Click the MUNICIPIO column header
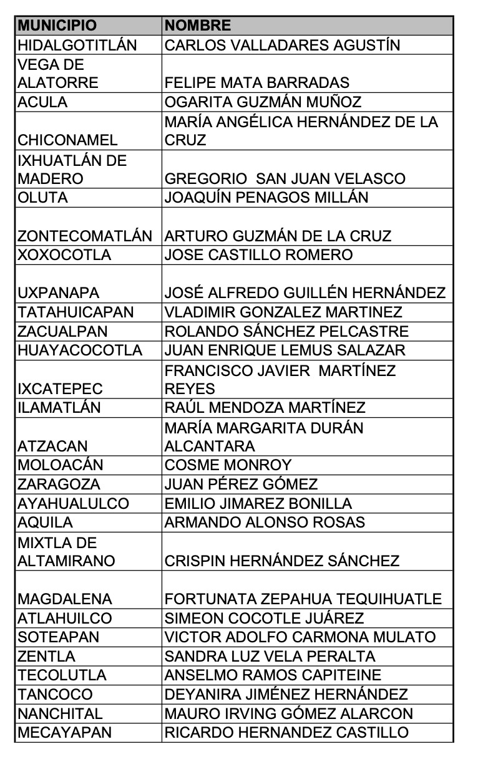tap(57, 26)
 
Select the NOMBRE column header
tap(198, 26)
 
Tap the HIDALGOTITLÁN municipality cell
tap(77, 45)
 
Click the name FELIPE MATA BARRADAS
tap(256, 83)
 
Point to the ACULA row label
tap(42, 102)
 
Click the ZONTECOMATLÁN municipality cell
tap(85, 236)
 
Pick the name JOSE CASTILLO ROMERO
tap(258, 255)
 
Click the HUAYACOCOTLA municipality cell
tap(80, 350)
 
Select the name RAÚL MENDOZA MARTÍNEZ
tap(265, 408)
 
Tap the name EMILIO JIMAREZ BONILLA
tap(258, 503)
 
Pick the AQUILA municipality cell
tap(46, 523)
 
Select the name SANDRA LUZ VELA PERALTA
tap(270, 657)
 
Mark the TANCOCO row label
tap(55, 695)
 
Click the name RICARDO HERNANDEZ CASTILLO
tap(286, 733)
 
